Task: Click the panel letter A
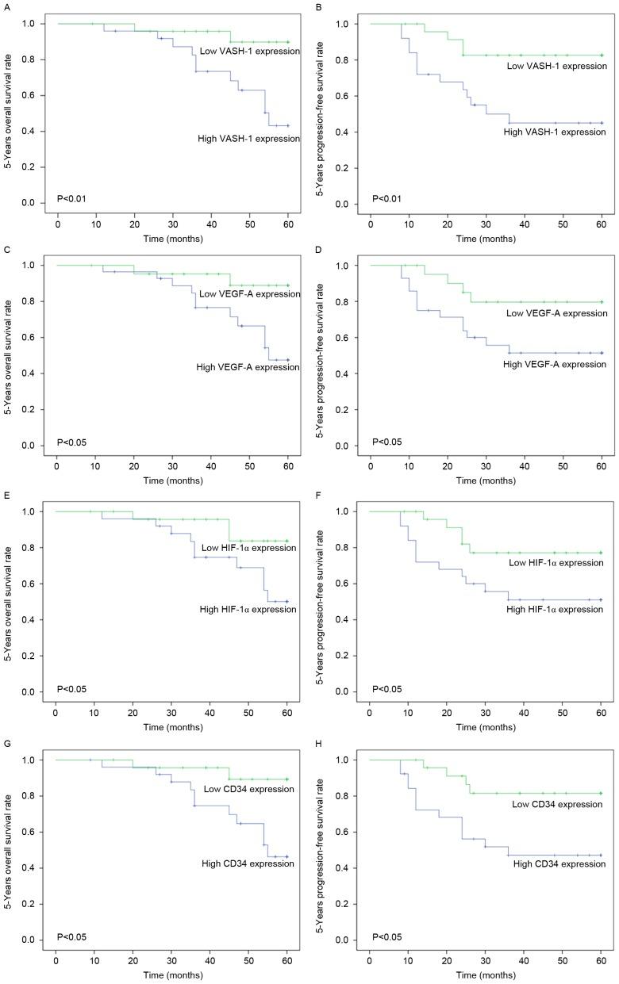point(5,6)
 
